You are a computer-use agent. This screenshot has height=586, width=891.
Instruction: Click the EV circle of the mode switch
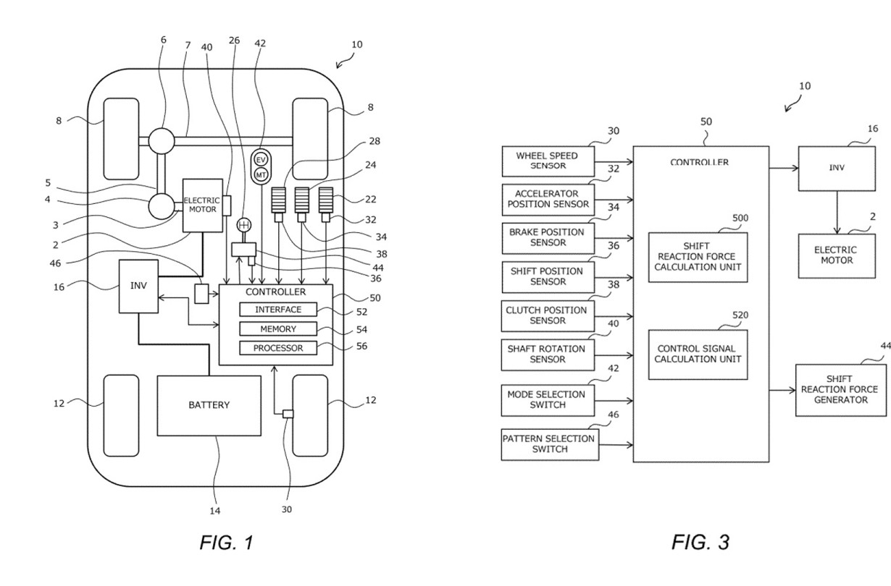tap(261, 160)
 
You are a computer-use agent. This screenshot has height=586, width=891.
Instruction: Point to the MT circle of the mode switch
tap(261, 174)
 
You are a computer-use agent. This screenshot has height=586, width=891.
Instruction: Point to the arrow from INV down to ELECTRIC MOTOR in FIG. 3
tap(837, 213)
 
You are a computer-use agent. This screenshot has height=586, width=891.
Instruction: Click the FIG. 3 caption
tap(700, 543)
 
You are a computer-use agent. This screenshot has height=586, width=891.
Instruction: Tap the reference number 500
tap(740, 218)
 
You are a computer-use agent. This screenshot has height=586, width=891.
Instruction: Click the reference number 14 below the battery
tap(215, 511)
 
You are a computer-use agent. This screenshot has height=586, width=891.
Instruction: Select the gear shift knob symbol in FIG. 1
tap(243, 225)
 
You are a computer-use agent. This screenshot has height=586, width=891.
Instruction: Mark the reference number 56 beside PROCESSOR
tap(361, 347)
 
